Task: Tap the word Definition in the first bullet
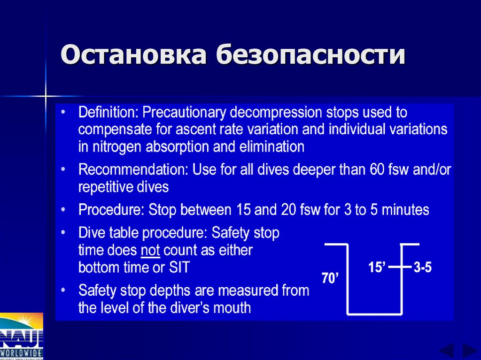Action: pos(108,113)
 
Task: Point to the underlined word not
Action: pos(151,250)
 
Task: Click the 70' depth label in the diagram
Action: pos(330,278)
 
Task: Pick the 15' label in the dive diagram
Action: pos(377,268)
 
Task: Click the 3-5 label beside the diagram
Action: pos(422,268)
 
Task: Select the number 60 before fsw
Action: pos(376,169)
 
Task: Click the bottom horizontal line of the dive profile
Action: pos(374,313)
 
